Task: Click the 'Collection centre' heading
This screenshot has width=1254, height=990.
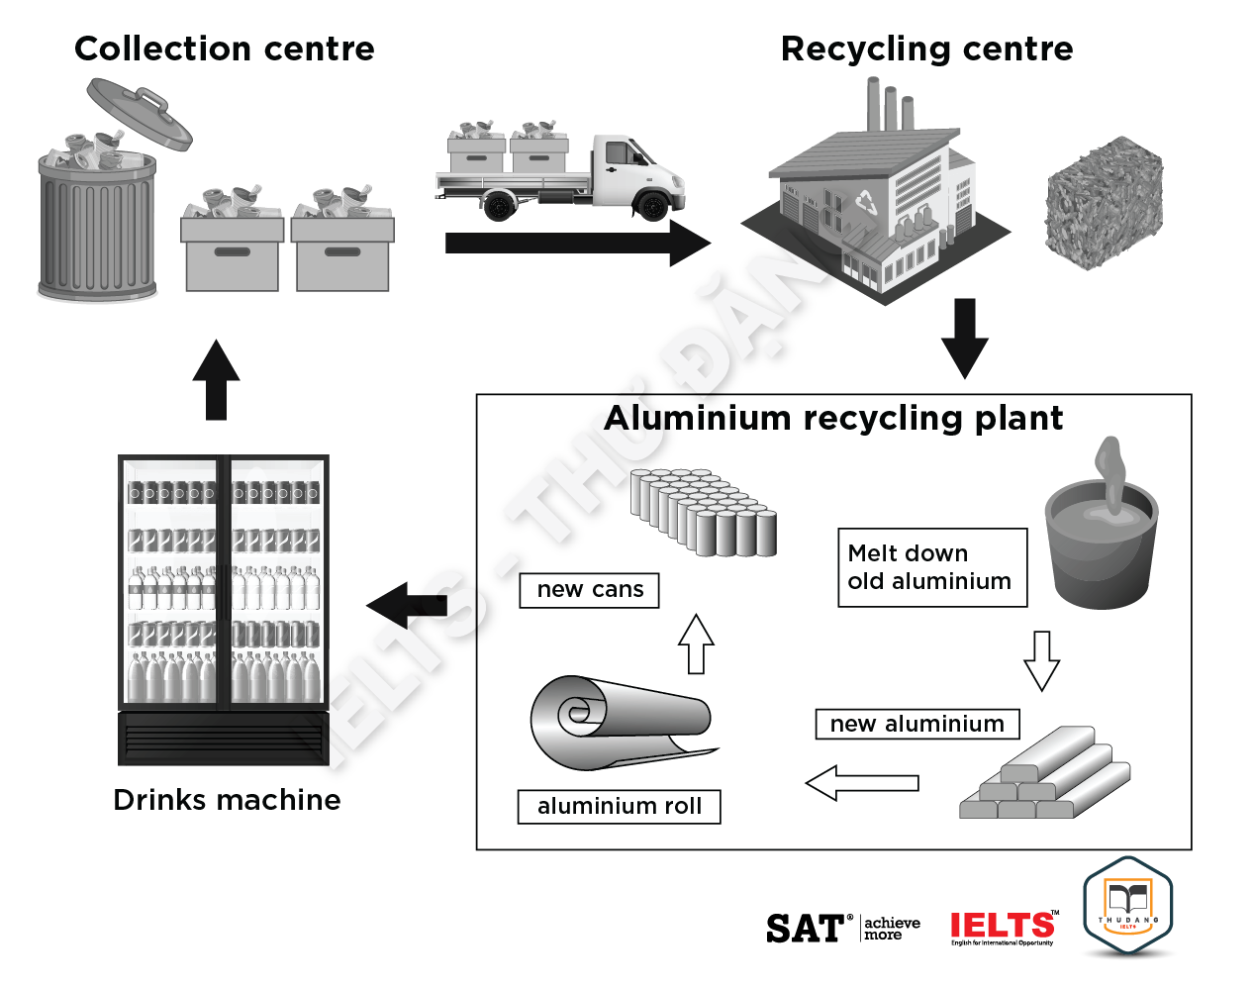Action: click(225, 49)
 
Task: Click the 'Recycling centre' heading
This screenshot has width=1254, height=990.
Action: click(926, 49)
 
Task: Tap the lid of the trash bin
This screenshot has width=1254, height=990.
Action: click(139, 112)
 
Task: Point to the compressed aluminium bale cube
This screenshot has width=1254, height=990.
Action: click(1104, 204)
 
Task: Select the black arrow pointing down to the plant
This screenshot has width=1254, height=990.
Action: click(964, 338)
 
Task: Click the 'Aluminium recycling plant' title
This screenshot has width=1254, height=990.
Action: click(833, 418)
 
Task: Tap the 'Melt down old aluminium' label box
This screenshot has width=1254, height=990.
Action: click(931, 567)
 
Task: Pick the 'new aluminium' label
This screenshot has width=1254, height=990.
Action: click(916, 724)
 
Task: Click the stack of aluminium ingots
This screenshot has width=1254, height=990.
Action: click(1044, 776)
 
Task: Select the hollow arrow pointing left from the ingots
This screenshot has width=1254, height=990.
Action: click(861, 783)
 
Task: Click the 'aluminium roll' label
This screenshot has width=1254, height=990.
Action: click(619, 806)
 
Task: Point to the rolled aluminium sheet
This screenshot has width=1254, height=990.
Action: click(619, 720)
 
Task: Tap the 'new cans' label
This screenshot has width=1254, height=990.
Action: click(589, 590)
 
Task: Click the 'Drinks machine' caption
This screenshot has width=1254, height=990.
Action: click(227, 800)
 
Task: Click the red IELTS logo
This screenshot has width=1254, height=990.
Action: click(1002, 928)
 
